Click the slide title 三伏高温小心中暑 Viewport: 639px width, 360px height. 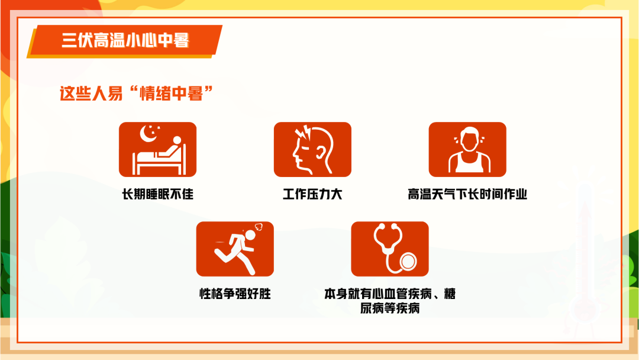tap(125, 40)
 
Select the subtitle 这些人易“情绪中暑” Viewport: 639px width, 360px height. tap(136, 94)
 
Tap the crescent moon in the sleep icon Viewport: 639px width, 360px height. tap(147, 134)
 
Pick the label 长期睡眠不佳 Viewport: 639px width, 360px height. tap(158, 194)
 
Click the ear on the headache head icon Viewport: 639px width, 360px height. tap(321, 153)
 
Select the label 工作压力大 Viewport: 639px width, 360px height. tap(312, 194)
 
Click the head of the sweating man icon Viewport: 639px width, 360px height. tap(468, 139)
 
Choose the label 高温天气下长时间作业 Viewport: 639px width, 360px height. tap(467, 194)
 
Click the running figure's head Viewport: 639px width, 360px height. tap(250, 235)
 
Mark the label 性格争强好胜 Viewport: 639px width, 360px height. tap(235, 294)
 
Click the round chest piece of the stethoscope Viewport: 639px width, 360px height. tap(408, 261)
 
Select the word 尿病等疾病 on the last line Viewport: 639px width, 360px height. tap(390, 308)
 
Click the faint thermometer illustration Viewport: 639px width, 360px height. tap(585, 253)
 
